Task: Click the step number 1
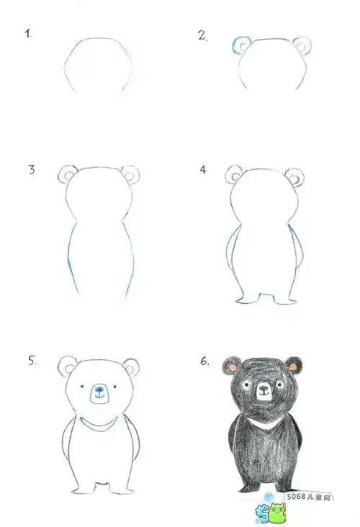coord(29,33)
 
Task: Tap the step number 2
coord(202,35)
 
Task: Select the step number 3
coord(31,170)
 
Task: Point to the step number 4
coord(204,170)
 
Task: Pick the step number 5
coord(32,361)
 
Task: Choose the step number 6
coord(205,361)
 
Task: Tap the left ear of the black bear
coord(233,366)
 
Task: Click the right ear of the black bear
coord(294,366)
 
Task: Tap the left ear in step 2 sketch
coord(239,45)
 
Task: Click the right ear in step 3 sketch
coord(131,174)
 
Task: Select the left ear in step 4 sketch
coord(234,174)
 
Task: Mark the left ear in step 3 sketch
coord(68,174)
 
